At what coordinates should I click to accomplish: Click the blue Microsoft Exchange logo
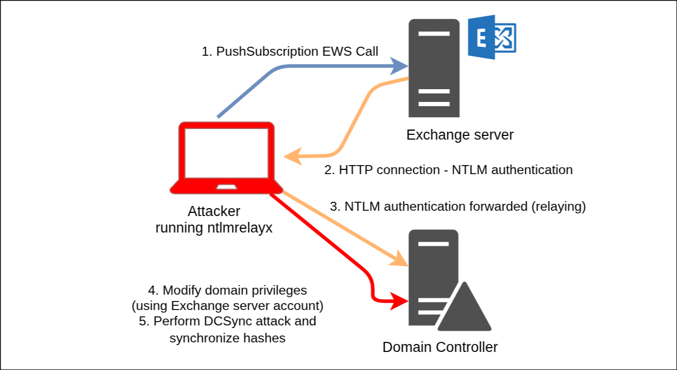point(492,37)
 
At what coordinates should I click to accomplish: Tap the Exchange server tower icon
point(433,68)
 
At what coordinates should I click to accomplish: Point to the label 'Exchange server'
point(460,135)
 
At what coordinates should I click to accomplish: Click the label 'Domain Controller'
point(440,347)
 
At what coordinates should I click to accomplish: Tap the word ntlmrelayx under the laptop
point(241,228)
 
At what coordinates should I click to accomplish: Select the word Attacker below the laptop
point(214,211)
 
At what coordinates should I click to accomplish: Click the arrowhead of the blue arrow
point(400,67)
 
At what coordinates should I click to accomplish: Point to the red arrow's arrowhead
point(400,302)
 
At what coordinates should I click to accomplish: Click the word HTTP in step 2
point(353,170)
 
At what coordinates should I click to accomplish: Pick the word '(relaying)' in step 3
point(558,206)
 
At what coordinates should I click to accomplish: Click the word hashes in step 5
point(264,338)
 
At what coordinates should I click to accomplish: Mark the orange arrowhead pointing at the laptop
point(291,157)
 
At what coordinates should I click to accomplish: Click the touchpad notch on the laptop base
point(227,186)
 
